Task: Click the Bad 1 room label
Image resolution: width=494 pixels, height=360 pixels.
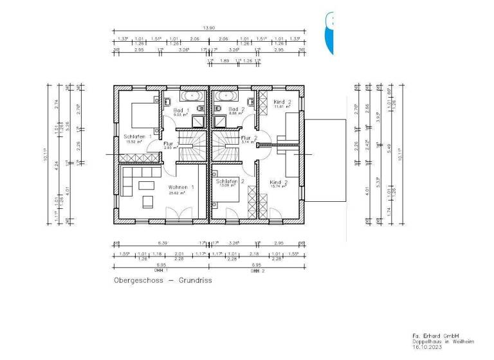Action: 178,111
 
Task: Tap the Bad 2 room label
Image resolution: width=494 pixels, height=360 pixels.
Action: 237,111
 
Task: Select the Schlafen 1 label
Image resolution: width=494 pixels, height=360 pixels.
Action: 138,136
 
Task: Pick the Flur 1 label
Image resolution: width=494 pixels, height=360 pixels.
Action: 169,145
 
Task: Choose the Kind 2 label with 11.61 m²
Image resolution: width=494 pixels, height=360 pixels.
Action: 282,102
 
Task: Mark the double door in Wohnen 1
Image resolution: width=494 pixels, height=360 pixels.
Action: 175,213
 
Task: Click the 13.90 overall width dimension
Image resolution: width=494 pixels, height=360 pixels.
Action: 208,28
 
